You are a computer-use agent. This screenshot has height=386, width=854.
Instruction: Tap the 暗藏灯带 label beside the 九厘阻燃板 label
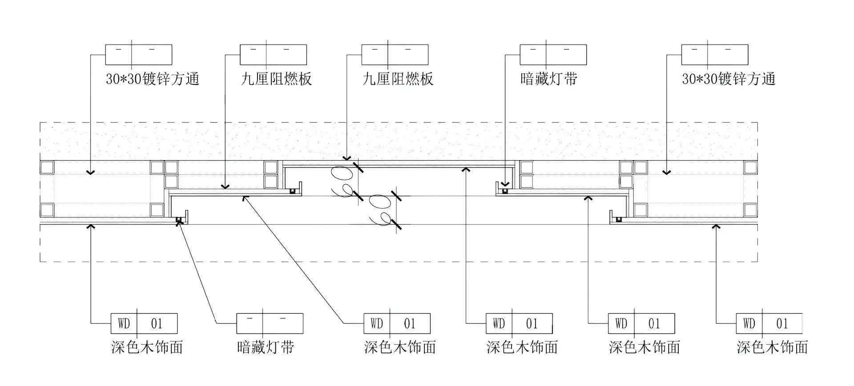tap(549, 79)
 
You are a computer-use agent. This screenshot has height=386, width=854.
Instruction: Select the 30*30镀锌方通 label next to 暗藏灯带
tap(729, 79)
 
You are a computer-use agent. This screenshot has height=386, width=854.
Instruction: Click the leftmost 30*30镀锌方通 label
tap(152, 79)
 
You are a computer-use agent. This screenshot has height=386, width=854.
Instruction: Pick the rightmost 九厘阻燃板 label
tap(398, 79)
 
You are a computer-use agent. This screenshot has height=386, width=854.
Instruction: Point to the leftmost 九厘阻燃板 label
tap(276, 79)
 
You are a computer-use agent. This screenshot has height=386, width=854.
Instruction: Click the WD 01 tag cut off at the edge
tap(769, 323)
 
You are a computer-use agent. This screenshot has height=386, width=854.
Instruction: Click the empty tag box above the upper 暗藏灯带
tap(553, 54)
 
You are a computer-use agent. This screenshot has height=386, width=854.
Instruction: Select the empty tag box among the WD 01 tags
tap(270, 323)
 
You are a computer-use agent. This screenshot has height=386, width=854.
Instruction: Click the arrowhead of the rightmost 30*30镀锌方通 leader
tap(666, 172)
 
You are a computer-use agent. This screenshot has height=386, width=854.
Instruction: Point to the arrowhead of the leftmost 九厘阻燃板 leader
tap(226, 187)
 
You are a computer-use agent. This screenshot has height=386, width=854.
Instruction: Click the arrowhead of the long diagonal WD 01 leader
tap(244, 197)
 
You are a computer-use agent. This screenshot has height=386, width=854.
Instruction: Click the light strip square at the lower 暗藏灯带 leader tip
tap(179, 220)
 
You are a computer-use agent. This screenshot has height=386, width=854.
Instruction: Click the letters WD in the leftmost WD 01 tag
tap(124, 323)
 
